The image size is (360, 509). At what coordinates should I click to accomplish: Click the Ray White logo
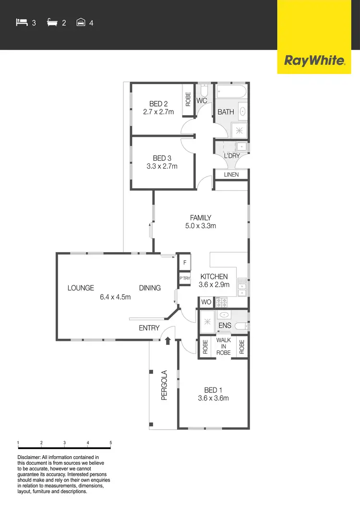click(x=314, y=61)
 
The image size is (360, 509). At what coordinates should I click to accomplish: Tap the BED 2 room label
click(x=158, y=104)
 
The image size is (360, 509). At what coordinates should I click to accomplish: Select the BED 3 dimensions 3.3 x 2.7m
click(x=162, y=166)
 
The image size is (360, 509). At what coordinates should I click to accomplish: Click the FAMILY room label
click(x=201, y=218)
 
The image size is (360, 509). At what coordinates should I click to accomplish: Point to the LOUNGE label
click(x=81, y=288)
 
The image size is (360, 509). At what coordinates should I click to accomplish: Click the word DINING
click(x=150, y=288)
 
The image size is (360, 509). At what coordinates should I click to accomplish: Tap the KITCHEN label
click(x=214, y=277)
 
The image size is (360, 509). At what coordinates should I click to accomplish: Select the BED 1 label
click(x=214, y=390)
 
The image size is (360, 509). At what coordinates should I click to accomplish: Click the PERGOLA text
click(x=164, y=385)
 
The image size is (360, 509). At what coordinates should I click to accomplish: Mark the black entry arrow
click(x=168, y=341)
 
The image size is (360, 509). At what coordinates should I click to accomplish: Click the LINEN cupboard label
click(x=231, y=174)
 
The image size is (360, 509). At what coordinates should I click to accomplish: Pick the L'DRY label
click(x=231, y=156)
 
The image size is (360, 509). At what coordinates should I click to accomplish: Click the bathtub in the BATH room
click(x=231, y=91)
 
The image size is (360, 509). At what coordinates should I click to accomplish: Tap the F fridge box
click(x=185, y=263)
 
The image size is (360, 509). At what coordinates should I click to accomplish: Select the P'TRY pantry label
click(x=185, y=279)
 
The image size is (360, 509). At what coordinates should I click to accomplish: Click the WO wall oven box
click(x=206, y=303)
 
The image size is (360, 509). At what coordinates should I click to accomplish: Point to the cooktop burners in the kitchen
click(x=222, y=303)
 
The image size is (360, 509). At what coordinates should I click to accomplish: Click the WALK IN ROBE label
click(x=224, y=346)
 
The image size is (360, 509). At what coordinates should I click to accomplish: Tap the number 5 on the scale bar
click(x=111, y=442)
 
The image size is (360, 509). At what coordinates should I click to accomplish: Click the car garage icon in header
click(x=81, y=22)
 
